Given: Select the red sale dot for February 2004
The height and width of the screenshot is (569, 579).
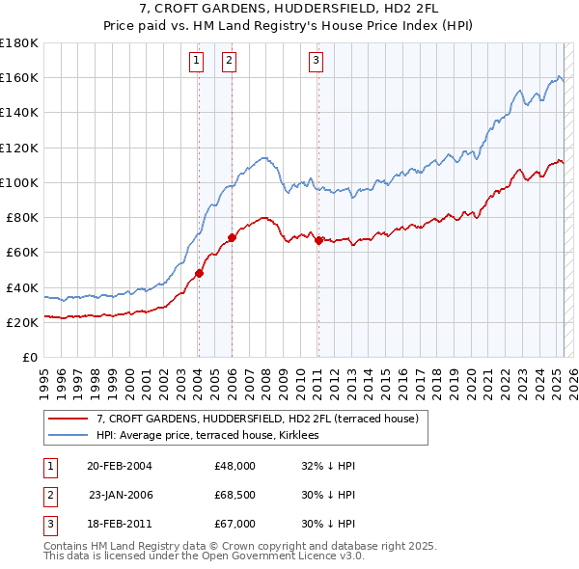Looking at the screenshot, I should pos(199,273).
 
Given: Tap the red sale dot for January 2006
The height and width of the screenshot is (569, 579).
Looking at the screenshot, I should pos(232,237).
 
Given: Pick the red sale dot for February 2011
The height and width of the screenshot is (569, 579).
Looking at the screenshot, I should pos(318,240).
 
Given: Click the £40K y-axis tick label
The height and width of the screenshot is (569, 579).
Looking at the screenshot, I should pos(22,287).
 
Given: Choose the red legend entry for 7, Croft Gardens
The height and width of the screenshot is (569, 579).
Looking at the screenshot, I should pos(257,419).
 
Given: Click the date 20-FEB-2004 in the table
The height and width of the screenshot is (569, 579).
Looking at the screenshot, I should pos(120,466).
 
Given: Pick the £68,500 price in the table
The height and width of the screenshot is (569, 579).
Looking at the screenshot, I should pos(235,495).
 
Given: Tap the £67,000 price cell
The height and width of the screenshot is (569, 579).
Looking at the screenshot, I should pos(235,524).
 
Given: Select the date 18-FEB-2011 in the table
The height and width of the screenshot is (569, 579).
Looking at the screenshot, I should pos(120,524).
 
